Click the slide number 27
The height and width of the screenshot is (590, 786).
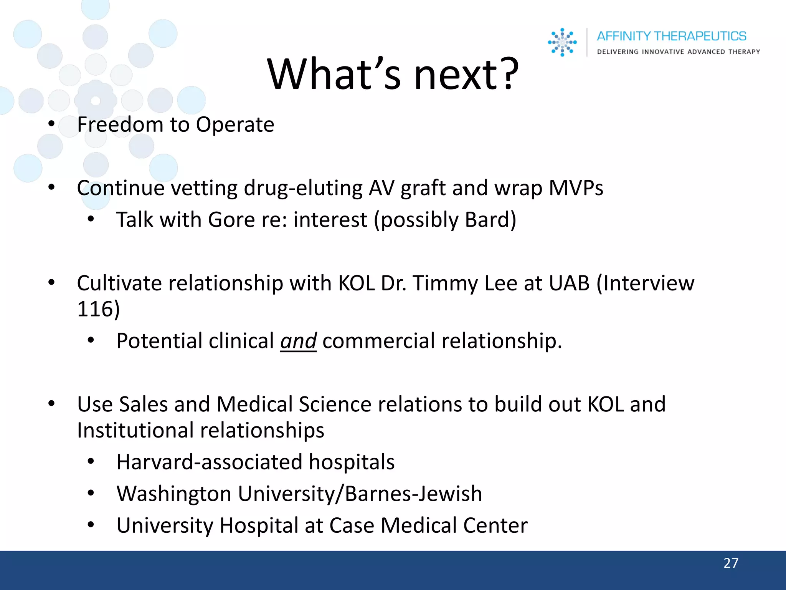tap(731, 563)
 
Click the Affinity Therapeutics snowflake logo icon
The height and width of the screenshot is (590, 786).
tap(562, 42)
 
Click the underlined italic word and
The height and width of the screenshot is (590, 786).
tap(298, 341)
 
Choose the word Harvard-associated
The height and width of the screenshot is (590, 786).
tap(210, 462)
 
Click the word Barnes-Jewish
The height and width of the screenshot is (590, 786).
tap(413, 494)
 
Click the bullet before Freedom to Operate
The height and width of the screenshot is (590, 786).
tap(51, 124)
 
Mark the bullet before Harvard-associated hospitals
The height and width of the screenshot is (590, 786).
tap(91, 461)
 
